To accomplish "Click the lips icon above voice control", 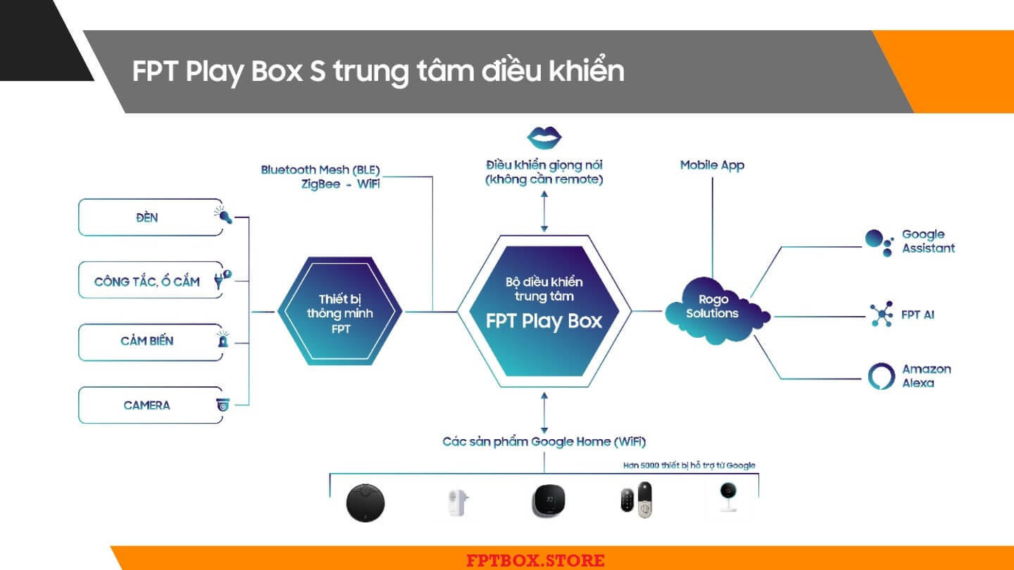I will point(544,136).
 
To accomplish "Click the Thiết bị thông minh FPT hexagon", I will point(339,312).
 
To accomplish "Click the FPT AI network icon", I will point(880,314).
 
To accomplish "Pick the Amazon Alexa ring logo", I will point(881,376).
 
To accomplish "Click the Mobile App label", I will point(712,165).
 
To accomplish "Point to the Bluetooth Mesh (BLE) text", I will point(320,170).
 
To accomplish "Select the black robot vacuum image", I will point(365,502).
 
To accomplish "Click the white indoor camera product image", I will point(727,498).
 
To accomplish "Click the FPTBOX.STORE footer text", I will point(535,561).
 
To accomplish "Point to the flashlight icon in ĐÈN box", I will point(224,215).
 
